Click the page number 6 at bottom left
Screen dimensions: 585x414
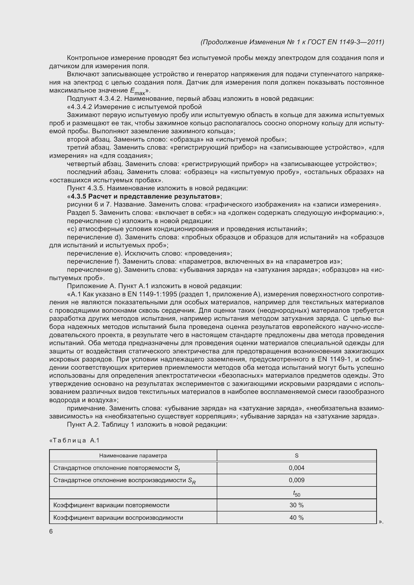(x=51, y=531)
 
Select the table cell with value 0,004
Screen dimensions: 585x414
(x=296, y=468)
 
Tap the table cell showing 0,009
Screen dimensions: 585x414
(x=296, y=480)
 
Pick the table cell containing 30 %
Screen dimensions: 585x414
(x=296, y=505)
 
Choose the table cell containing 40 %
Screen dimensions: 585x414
(x=296, y=517)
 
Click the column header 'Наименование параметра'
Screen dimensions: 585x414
(x=133, y=455)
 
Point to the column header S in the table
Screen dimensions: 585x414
(x=296, y=455)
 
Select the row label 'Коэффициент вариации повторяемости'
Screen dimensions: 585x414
(x=111, y=505)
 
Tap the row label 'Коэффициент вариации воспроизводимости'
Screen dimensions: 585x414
(x=118, y=517)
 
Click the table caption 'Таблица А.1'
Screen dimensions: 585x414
(x=74, y=440)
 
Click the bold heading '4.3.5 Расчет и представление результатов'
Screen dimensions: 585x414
(x=145, y=196)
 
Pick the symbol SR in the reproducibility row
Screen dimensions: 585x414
(x=191, y=480)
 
